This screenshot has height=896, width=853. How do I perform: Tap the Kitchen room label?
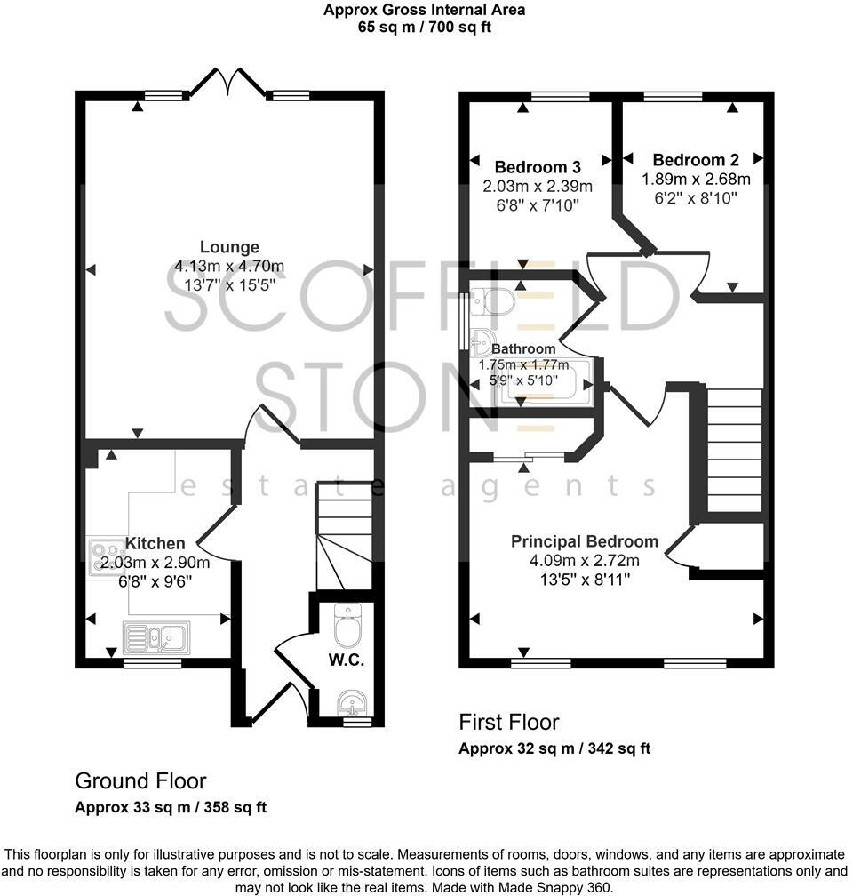[x=155, y=543]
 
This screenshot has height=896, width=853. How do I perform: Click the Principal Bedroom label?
[x=584, y=541]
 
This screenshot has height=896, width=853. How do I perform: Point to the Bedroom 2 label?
[x=707, y=160]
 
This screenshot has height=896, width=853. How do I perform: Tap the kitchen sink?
[x=155, y=637]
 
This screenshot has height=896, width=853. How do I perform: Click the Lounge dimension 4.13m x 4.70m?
[x=229, y=266]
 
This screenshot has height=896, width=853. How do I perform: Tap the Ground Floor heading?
[x=140, y=781]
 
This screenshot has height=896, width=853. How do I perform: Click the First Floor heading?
[x=509, y=721]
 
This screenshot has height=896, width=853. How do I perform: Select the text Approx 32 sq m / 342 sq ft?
[x=554, y=748]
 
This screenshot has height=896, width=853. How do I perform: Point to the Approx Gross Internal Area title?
[x=424, y=11]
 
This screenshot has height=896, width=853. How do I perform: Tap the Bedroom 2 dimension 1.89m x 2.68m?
[x=696, y=179]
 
